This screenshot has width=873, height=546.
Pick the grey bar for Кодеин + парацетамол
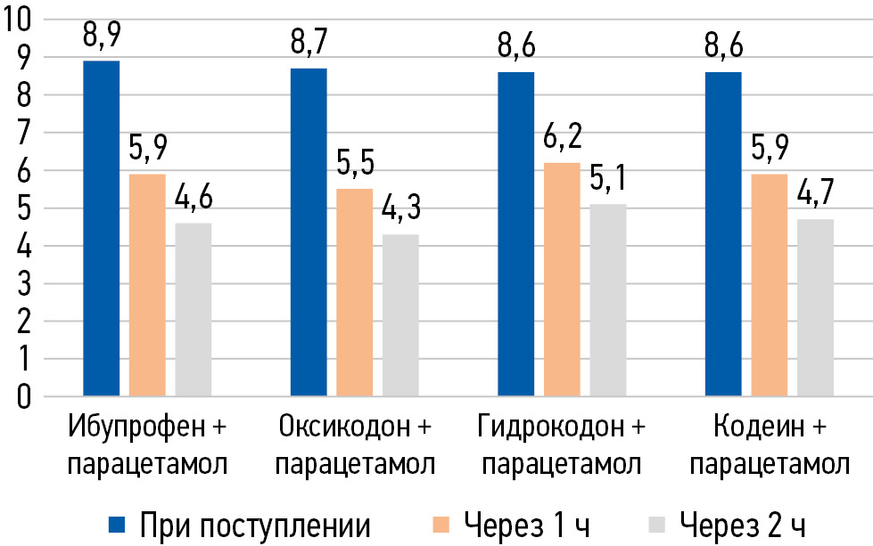(815, 306)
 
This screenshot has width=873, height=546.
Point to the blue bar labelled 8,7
(309, 231)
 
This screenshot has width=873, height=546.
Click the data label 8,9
(101, 39)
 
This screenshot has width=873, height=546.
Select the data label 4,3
(400, 215)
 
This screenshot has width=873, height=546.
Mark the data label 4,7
(815, 200)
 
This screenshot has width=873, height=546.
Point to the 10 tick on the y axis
(20, 20)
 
